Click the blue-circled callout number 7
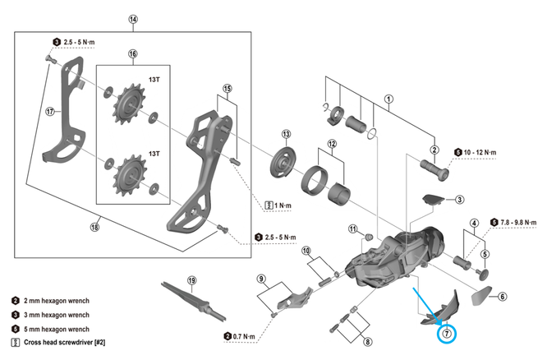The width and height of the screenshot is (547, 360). (448, 333)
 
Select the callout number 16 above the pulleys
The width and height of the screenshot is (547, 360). (133, 54)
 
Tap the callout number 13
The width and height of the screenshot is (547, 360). (286, 134)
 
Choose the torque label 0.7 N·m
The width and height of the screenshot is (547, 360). (244, 335)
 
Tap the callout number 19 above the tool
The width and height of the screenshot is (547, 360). (192, 280)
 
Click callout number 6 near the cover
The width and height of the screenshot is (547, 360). (503, 297)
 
